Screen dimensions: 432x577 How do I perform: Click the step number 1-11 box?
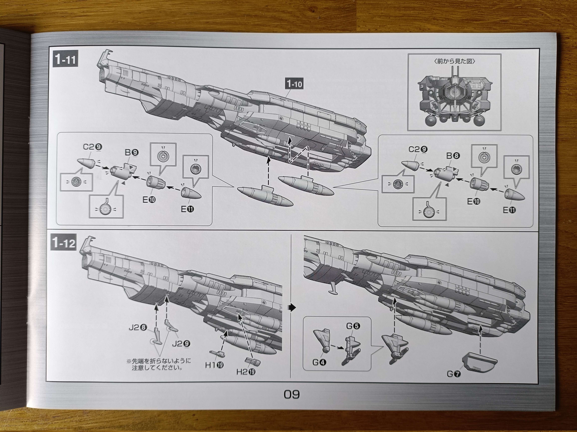[x=65, y=60]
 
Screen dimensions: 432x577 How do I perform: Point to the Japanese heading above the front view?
[x=454, y=61]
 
